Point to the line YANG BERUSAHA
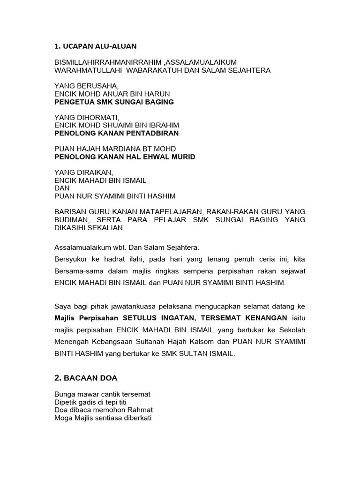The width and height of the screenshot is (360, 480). point(83,86)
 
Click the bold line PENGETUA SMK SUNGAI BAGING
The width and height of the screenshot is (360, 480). point(114,102)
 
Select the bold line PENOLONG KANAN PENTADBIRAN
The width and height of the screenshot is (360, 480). point(117,133)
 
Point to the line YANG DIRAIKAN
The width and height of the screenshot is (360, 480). point(83,172)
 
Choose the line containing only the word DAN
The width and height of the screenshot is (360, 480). point(62,188)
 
